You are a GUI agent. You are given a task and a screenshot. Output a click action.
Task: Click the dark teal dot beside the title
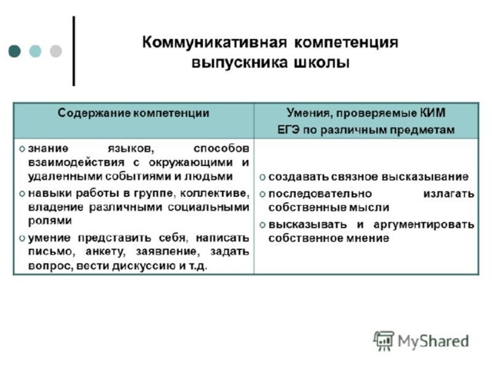[x=15, y=52]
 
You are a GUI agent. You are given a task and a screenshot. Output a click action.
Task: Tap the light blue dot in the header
[x=35, y=52]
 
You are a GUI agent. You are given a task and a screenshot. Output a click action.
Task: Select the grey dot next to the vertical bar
[x=56, y=52]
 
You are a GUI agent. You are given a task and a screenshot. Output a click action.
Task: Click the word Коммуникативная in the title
[x=214, y=42]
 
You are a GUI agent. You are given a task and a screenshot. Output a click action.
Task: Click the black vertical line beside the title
[x=74, y=52]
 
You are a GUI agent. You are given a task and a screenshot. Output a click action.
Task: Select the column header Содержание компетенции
[x=133, y=113]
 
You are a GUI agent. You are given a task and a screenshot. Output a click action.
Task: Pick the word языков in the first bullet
[x=131, y=148]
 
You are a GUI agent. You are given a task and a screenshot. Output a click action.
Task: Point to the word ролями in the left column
[x=50, y=221]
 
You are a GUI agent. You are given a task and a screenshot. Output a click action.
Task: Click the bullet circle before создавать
[x=263, y=178]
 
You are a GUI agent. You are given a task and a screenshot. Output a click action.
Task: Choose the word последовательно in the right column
[x=320, y=194]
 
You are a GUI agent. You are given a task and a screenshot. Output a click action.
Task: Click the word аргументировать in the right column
[x=424, y=224]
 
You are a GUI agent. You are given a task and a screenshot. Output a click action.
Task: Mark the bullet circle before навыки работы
[x=22, y=194]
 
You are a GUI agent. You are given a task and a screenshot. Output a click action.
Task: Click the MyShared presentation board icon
[x=384, y=341]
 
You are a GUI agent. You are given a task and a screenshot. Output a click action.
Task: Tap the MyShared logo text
[x=434, y=341]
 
